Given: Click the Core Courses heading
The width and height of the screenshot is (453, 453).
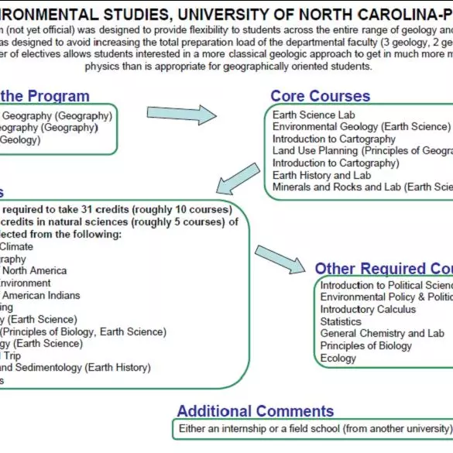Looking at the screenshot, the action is pos(320,96).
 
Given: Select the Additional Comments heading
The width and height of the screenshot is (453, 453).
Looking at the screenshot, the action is pos(255,410).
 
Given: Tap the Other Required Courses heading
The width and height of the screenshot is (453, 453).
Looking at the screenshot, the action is pos(383,269).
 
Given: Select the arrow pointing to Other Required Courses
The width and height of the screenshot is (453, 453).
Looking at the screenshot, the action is pos(280,259).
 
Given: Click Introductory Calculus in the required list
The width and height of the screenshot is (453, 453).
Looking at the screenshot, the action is pos(368,309).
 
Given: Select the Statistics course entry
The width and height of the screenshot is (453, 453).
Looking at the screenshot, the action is pos(341,321).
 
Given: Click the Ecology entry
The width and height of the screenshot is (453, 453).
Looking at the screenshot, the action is pos(338,358).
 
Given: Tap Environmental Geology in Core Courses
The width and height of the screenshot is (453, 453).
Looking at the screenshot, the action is pos(361,126).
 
